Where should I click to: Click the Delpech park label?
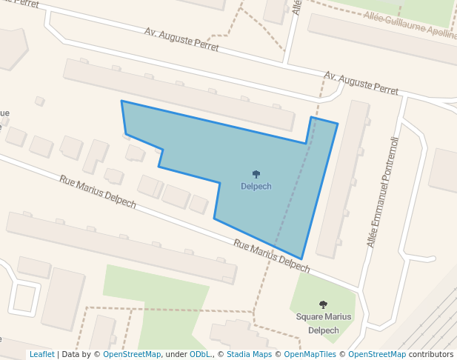click(x=256, y=187)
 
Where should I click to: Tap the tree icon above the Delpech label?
click(x=256, y=175)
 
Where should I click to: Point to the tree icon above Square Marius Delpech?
click(x=323, y=304)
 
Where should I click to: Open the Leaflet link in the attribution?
click(x=41, y=354)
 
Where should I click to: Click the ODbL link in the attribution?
click(x=199, y=354)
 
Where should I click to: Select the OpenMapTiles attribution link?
click(x=312, y=354)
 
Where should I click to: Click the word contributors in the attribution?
click(x=431, y=354)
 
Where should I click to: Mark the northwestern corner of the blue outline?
click(x=121, y=101)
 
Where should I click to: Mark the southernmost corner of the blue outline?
click(x=301, y=259)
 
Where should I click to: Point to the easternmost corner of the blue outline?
click(x=338, y=124)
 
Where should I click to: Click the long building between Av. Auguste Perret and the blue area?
click(x=178, y=94)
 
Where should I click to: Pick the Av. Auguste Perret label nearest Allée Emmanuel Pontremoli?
click(x=361, y=84)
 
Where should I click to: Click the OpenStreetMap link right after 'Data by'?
click(x=132, y=354)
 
